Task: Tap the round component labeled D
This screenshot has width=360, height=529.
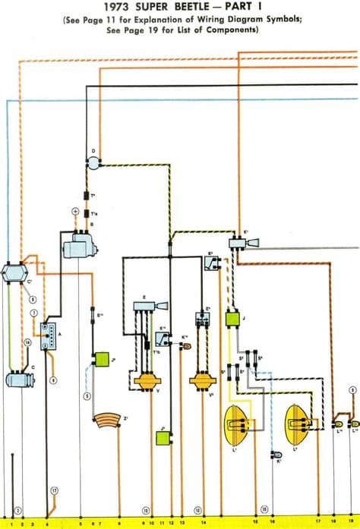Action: pyautogui.click(x=94, y=160)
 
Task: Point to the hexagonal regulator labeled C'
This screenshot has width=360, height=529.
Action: pyautogui.click(x=15, y=273)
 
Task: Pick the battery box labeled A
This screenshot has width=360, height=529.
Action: pyautogui.click(x=50, y=335)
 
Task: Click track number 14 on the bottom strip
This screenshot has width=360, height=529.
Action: pyautogui.click(x=204, y=524)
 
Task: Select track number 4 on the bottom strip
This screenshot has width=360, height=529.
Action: pyautogui.click(x=49, y=524)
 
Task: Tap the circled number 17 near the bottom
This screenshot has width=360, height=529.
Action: pyautogui.click(x=55, y=491)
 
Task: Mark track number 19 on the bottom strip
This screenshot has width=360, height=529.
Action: pyautogui.click(x=350, y=524)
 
